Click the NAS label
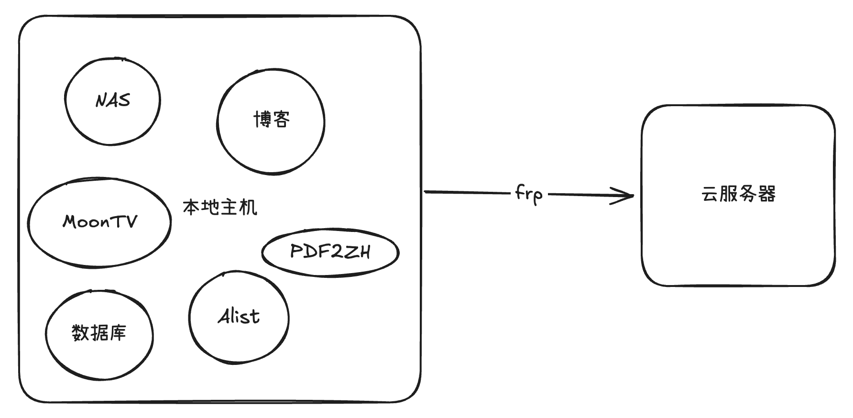click(x=113, y=100)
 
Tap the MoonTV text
click(x=100, y=221)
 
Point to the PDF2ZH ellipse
click(x=262, y=252)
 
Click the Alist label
click(x=239, y=316)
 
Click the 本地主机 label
click(x=220, y=208)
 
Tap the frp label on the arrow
click(x=529, y=194)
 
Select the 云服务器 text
click(x=738, y=194)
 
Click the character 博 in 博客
click(x=262, y=120)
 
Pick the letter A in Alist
click(x=225, y=316)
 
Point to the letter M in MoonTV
click(x=72, y=221)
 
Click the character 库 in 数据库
click(x=118, y=332)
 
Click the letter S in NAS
click(x=124, y=100)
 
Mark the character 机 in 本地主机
click(x=249, y=208)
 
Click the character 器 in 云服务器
click(x=767, y=194)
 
